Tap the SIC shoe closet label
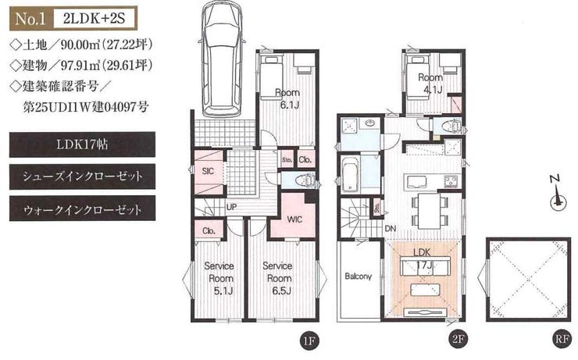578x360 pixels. (209, 171)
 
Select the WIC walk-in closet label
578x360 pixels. (295, 219)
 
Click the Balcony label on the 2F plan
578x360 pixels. (359, 276)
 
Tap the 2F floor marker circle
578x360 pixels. (457, 339)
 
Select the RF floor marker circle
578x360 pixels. (562, 339)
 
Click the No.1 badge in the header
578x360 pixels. (31, 19)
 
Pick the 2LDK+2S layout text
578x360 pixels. (94, 19)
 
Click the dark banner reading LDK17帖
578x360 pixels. (82, 144)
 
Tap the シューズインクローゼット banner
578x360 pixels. (82, 176)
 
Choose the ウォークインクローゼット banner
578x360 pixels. (82, 209)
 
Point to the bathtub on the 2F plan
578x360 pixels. (350, 175)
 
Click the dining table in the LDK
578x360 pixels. (430, 211)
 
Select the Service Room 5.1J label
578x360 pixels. (220, 278)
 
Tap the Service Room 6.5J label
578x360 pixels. (278, 278)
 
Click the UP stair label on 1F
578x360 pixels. (231, 207)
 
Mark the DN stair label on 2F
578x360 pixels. (391, 229)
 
